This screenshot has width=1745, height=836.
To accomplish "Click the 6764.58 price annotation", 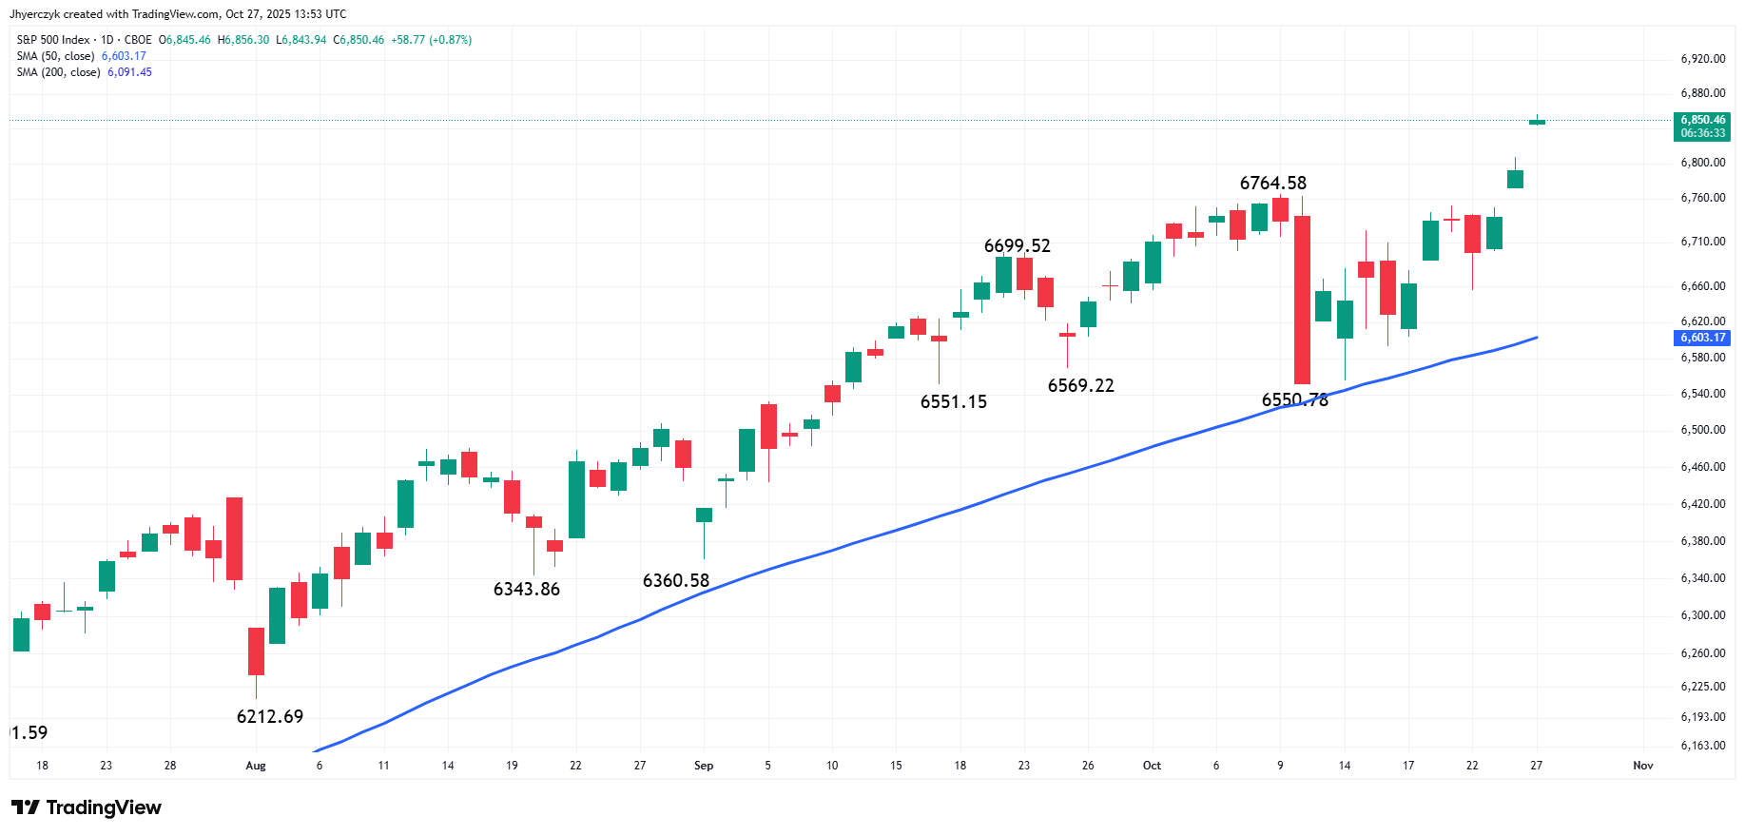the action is (1272, 183).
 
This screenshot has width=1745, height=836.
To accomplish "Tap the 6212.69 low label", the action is (270, 716).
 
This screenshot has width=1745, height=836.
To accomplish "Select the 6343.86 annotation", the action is (527, 589).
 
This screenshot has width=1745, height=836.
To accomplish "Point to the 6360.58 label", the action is (676, 580).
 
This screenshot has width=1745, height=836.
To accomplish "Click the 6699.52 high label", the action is (1018, 245).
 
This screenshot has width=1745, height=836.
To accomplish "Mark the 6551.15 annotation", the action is (954, 401).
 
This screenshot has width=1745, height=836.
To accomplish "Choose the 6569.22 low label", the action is (1081, 385).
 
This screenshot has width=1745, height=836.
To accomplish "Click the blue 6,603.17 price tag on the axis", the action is (1702, 338).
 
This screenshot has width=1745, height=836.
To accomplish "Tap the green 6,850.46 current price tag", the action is (1702, 126).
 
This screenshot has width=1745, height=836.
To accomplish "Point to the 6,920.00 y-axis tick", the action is (1703, 59).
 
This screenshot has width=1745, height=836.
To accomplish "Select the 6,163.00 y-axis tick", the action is (1703, 746).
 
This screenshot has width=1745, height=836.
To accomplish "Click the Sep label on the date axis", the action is (704, 766).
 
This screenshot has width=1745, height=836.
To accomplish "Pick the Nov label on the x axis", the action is (1643, 766).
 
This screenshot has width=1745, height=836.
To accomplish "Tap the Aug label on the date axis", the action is (256, 766).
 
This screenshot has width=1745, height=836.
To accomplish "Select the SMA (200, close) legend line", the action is (84, 72).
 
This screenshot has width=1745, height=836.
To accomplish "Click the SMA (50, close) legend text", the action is (55, 56).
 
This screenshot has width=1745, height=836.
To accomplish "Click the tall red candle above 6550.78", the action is (1302, 300).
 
